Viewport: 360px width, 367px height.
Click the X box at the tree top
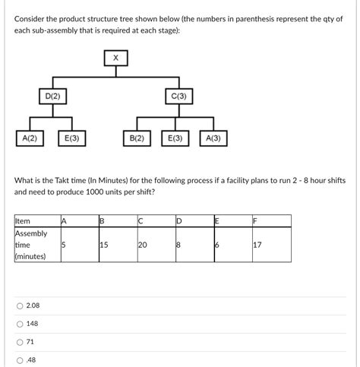pyautogui.click(x=115, y=58)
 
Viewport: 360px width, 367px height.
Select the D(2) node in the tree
pyautogui.click(x=52, y=96)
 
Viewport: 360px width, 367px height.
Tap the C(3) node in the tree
pyautogui.click(x=178, y=96)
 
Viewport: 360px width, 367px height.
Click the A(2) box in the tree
pyautogui.click(x=30, y=138)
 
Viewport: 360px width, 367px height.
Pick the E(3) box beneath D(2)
pyautogui.click(x=73, y=138)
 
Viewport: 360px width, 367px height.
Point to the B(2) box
pyautogui.click(x=137, y=138)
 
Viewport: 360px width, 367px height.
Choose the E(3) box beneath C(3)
pyautogui.click(x=175, y=138)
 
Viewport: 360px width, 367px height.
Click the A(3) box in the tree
pyautogui.click(x=213, y=138)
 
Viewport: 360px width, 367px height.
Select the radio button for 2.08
pyautogui.click(x=19, y=305)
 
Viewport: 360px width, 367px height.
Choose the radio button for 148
pyautogui.click(x=19, y=324)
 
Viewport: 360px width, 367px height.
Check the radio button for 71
pyautogui.click(x=19, y=342)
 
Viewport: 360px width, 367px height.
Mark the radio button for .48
pyautogui.click(x=19, y=360)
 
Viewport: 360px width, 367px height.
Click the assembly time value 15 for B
pyautogui.click(x=104, y=245)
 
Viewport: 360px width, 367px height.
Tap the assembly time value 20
pyautogui.click(x=142, y=245)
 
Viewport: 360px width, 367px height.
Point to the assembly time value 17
pyautogui.click(x=258, y=245)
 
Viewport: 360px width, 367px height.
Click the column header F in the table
pyautogui.click(x=257, y=221)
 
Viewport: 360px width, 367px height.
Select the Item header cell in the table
pyautogui.click(x=23, y=221)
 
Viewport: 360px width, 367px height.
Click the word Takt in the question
pyautogui.click(x=75, y=180)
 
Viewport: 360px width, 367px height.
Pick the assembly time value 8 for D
pyautogui.click(x=178, y=245)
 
